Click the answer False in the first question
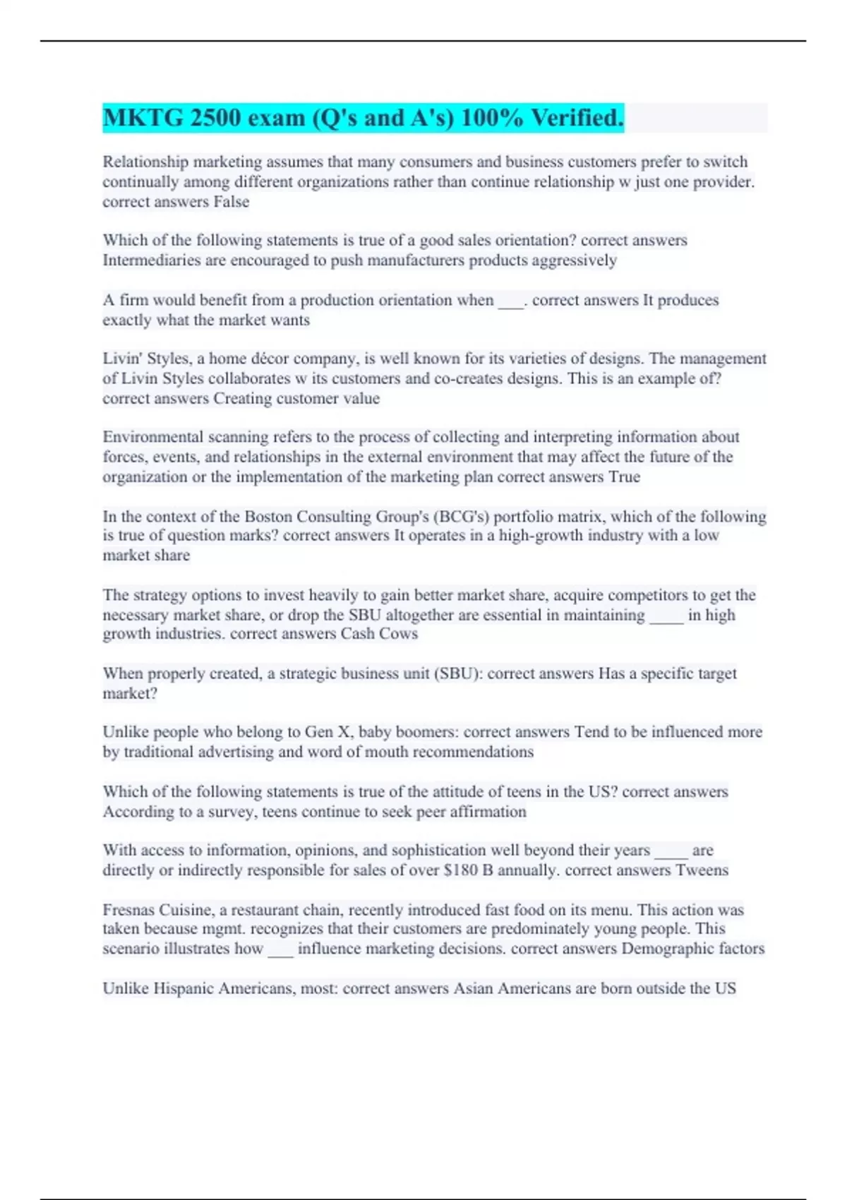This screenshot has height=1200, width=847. click(x=232, y=202)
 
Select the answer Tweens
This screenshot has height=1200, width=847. click(x=702, y=870)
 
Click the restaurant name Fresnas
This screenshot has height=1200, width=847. click(x=128, y=910)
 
